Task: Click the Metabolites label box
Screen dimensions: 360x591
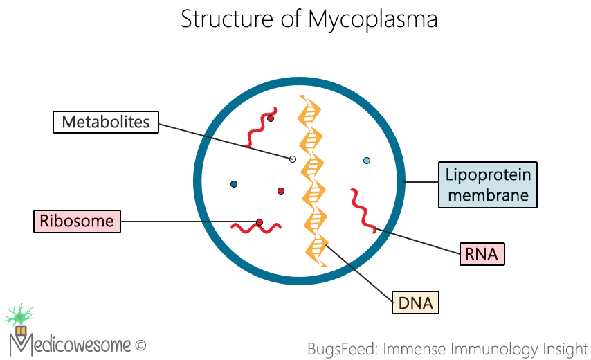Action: [x=106, y=123]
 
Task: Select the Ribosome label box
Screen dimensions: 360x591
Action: [x=77, y=222]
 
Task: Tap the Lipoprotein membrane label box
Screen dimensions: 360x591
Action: [x=488, y=185]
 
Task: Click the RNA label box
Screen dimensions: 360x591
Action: [x=482, y=254]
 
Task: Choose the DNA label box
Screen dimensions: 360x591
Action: [x=415, y=303]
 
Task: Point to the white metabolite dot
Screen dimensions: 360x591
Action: [x=293, y=159]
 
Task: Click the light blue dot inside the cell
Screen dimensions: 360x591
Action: [x=367, y=161]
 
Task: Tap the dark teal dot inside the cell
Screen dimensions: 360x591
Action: [x=234, y=184]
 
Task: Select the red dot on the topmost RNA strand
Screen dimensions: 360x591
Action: [x=271, y=118]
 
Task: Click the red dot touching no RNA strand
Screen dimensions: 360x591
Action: [x=281, y=191]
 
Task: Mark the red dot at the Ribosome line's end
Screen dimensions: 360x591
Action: [x=260, y=222]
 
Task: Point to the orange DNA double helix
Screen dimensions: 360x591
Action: [x=312, y=180]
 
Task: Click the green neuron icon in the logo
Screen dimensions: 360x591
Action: [x=19, y=315]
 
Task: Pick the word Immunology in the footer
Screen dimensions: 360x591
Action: [x=494, y=348]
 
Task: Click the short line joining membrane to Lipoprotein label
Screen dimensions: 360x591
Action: [x=421, y=183]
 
